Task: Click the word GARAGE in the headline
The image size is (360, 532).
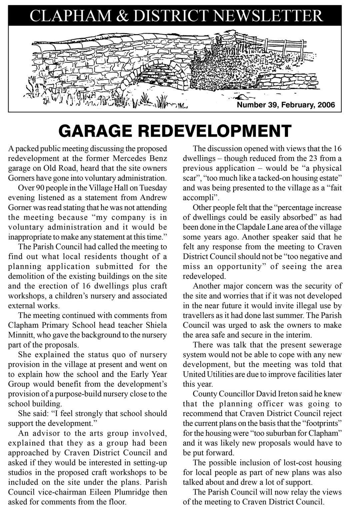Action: click(95, 131)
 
